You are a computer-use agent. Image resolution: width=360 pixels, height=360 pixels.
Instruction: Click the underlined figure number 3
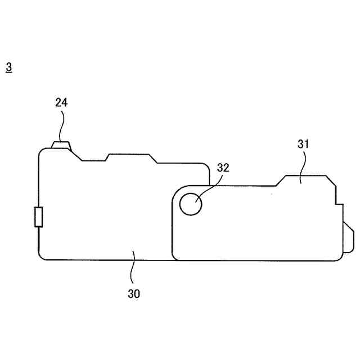point(9,68)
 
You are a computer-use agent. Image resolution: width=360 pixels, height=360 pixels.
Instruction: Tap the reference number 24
point(61,102)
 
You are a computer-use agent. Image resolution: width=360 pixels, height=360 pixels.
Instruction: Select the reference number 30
point(134,294)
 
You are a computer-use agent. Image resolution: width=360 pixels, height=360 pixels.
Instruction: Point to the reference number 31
point(303,144)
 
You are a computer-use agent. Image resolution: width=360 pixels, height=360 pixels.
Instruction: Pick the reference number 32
point(223,168)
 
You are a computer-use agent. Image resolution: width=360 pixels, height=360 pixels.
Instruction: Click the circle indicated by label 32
point(191,204)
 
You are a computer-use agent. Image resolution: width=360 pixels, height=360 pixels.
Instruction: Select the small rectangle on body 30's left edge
point(39,217)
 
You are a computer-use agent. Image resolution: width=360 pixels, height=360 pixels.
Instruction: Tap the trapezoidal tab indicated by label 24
point(61,145)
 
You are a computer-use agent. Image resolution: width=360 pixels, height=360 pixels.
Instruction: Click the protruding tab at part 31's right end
point(348,237)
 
